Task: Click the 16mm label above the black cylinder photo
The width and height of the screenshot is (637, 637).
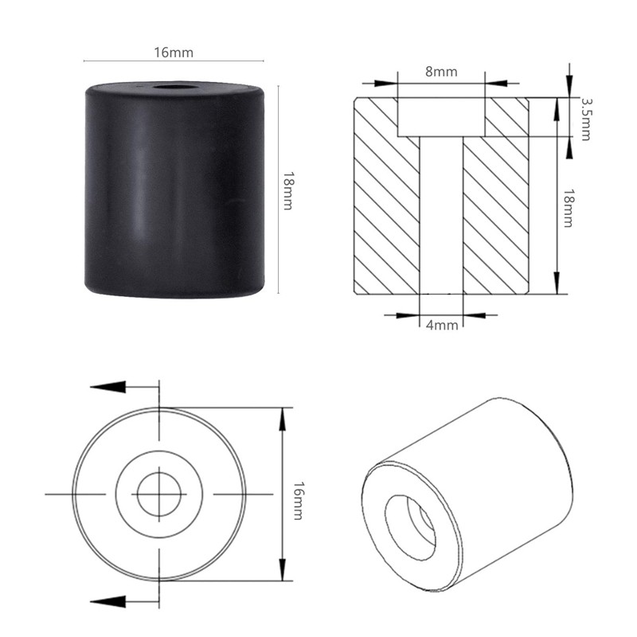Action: (174, 53)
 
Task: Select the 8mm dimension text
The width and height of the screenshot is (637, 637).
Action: (440, 72)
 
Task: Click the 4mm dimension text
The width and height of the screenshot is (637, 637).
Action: (440, 325)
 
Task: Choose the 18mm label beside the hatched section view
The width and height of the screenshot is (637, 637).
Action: (567, 209)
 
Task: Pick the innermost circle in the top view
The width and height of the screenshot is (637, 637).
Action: (159, 494)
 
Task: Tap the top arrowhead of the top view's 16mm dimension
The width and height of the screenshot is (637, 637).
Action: (282, 415)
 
